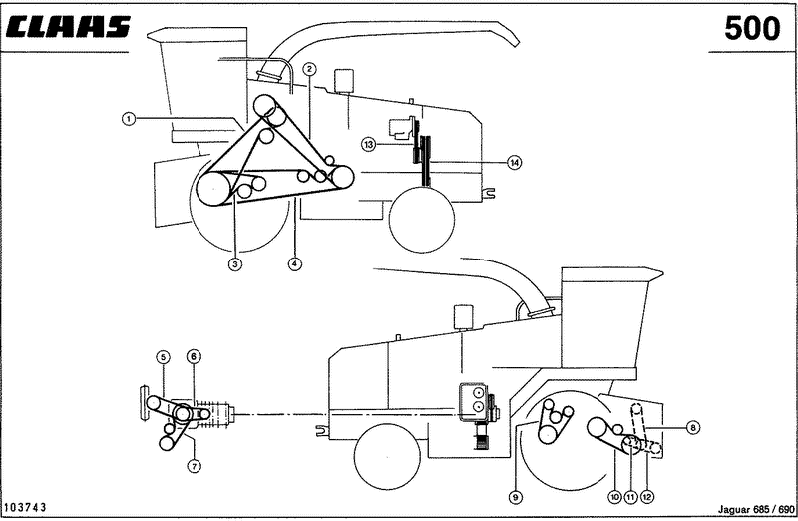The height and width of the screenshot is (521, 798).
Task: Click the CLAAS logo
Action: tap(68, 27)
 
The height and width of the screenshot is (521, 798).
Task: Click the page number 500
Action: tap(752, 28)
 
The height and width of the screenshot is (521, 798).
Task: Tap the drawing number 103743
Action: tap(25, 507)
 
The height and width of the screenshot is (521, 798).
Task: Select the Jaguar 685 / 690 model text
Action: tap(756, 509)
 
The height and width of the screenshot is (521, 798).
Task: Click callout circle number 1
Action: tap(129, 119)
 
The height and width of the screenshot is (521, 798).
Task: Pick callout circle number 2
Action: tap(310, 69)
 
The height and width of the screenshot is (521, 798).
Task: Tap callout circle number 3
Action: tap(234, 263)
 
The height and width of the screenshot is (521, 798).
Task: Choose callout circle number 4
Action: tap(294, 263)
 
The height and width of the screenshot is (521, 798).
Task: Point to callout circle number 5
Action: tap(163, 357)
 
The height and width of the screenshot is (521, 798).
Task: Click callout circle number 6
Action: tap(194, 356)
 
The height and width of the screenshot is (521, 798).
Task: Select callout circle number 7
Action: tap(194, 465)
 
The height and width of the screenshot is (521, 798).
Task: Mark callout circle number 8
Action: tap(692, 428)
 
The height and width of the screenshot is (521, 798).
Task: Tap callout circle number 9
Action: tap(516, 497)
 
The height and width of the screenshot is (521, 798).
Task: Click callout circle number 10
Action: tap(614, 497)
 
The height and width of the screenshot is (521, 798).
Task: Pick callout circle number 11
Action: tap(630, 497)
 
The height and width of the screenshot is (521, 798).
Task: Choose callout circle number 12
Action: tap(646, 497)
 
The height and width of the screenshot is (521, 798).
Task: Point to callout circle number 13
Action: tap(368, 144)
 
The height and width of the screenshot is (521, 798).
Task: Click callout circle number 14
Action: tap(515, 162)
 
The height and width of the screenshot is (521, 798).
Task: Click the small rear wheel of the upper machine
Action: tap(421, 220)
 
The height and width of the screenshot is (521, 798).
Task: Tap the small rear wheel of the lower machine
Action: tap(388, 457)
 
